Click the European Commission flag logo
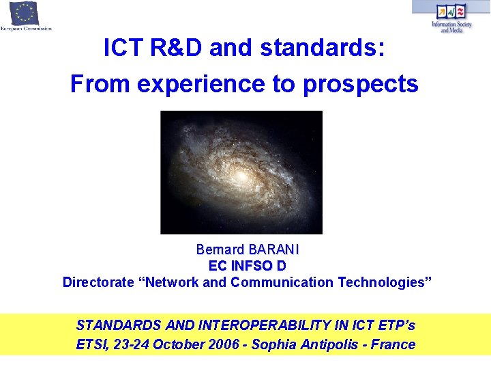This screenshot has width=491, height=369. point(25,14)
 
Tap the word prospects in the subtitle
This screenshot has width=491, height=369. point(361,84)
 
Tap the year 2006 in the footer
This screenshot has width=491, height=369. point(220,344)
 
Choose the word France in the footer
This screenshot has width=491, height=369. point(393,344)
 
